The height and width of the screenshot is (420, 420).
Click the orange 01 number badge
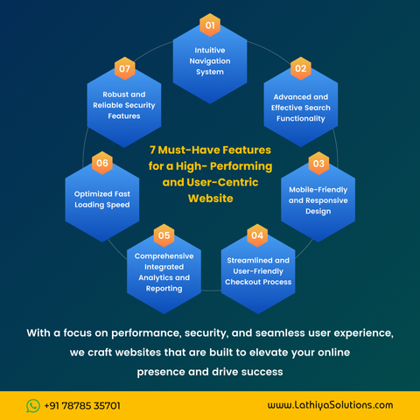pyautogui.click(x=210, y=25)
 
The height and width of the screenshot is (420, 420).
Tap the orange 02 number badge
pyautogui.click(x=301, y=68)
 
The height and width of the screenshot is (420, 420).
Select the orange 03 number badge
pyautogui.click(x=318, y=164)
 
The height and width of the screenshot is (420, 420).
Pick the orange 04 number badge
pyautogui.click(x=257, y=235)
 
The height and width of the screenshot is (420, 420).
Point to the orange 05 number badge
pyautogui.click(x=164, y=235)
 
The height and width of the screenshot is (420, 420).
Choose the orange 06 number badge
pyautogui.click(x=102, y=163)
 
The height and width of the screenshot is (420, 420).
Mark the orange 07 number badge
pyautogui.click(x=124, y=68)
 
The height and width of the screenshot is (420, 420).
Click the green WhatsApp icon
pyautogui.click(x=33, y=406)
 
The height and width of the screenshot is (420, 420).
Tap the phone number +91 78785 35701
pyautogui.click(x=82, y=406)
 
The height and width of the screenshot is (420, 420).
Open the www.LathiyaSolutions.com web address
pyautogui.click(x=330, y=405)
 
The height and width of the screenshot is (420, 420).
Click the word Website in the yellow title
pyautogui.click(x=211, y=199)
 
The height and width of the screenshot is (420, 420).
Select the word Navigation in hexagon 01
pyautogui.click(x=210, y=61)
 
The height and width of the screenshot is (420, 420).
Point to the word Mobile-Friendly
pyautogui.click(x=318, y=190)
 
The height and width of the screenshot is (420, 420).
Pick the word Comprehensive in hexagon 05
pyautogui.click(x=164, y=256)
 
